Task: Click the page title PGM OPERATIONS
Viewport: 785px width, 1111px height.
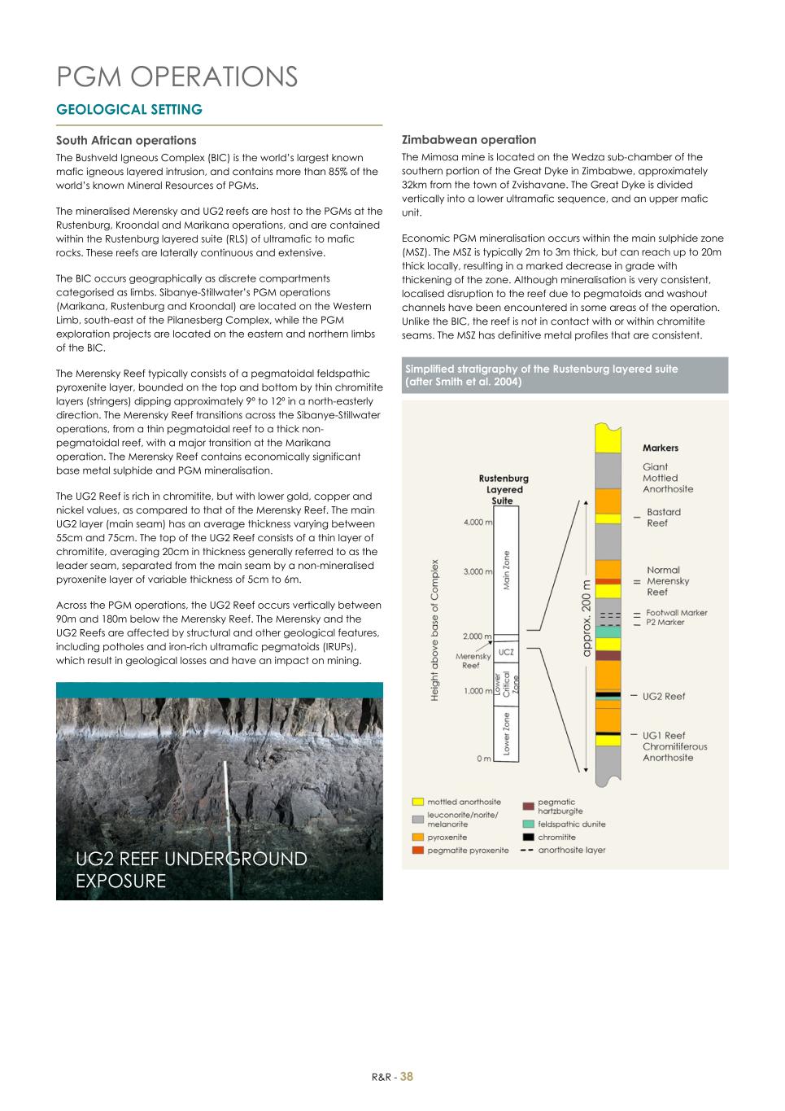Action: coord(177,77)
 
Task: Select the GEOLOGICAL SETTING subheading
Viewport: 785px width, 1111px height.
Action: coord(129,109)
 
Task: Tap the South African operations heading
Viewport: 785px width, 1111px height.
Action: coord(126,140)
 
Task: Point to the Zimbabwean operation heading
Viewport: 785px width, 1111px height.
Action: coord(469,139)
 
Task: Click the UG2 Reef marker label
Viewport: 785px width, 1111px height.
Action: coord(664,696)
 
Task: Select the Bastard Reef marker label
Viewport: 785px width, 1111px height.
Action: coord(663,518)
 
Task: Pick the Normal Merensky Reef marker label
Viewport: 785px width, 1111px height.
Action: coord(667,581)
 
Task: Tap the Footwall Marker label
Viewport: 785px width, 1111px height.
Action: coord(677,613)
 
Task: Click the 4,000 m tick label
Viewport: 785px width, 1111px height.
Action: coord(478,523)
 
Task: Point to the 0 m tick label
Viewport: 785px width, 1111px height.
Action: coord(483,759)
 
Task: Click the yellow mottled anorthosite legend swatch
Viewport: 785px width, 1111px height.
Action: coord(417,803)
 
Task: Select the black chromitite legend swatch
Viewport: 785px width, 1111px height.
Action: coord(528,837)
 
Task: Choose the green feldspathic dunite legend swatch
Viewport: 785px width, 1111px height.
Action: coord(528,824)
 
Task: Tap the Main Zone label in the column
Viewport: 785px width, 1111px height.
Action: coord(506,571)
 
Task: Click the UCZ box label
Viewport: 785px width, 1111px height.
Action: coord(505,652)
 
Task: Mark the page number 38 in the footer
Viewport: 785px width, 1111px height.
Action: coord(407,1076)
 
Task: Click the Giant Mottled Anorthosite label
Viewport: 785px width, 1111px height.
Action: coord(668,478)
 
